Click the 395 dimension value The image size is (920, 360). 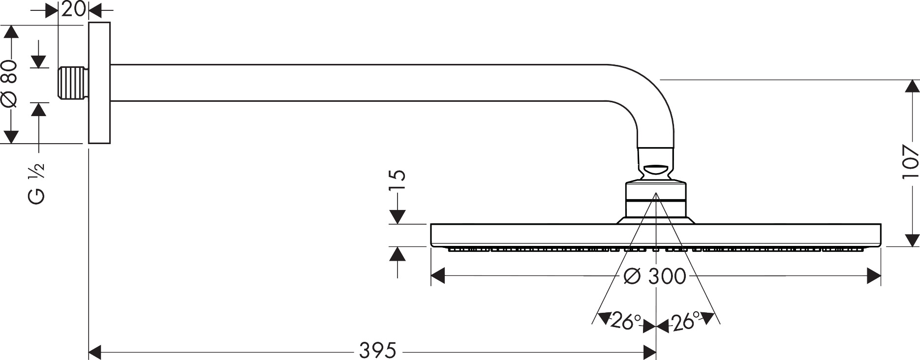[377, 351]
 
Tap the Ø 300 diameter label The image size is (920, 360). [654, 276]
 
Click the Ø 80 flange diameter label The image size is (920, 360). [10, 84]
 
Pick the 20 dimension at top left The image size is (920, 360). [74, 8]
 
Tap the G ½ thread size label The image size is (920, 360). [37, 183]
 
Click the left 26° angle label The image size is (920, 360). [625, 322]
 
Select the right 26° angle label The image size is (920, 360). [685, 322]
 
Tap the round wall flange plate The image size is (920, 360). [99, 83]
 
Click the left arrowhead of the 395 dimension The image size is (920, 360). [94, 352]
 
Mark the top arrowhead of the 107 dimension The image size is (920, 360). [912, 86]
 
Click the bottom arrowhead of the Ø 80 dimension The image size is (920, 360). [11, 137]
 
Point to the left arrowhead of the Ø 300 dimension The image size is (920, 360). [437, 276]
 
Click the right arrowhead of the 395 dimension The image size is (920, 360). [650, 352]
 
